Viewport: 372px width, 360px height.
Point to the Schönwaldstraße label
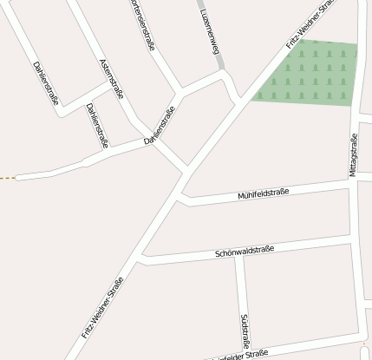point(245,252)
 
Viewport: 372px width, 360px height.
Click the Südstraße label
point(245,331)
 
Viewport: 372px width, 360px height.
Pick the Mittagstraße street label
point(354,156)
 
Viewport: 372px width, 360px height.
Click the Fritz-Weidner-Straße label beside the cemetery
point(310,23)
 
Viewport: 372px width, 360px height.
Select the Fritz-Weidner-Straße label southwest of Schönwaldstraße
point(102,306)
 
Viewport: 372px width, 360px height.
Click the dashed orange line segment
point(8,178)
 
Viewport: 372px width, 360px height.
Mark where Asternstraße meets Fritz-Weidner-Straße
point(186,167)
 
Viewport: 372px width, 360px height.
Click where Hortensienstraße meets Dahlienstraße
point(179,90)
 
